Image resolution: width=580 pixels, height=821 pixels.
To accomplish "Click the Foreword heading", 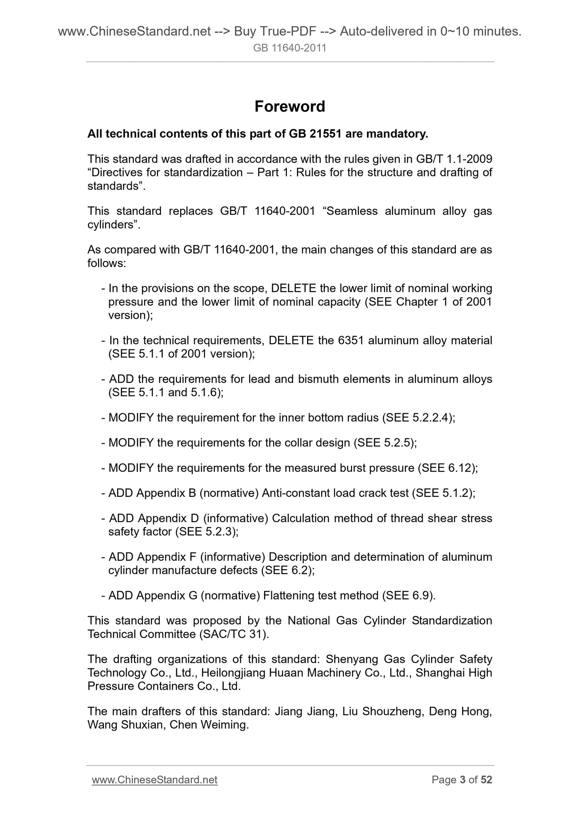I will click(x=289, y=106).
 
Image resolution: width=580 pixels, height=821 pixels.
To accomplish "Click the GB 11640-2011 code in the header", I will click(x=289, y=48).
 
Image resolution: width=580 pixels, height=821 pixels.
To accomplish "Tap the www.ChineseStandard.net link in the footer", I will click(x=155, y=780).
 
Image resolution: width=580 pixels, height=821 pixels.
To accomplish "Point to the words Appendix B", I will click(x=166, y=493).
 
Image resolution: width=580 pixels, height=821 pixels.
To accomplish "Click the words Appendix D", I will click(x=166, y=518).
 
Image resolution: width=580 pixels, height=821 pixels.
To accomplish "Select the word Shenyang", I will click(x=352, y=659).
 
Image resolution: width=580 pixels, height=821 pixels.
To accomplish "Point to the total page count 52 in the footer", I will click(x=486, y=780).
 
